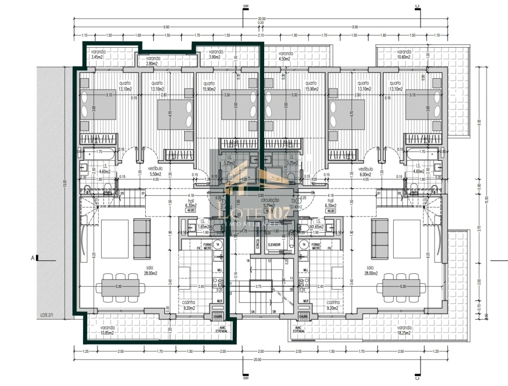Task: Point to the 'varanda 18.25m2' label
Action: click(405, 329)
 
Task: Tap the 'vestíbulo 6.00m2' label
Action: click(365, 171)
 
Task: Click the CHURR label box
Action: click(218, 316)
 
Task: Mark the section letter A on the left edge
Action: click(33, 258)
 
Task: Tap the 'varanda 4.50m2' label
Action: click(285, 56)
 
